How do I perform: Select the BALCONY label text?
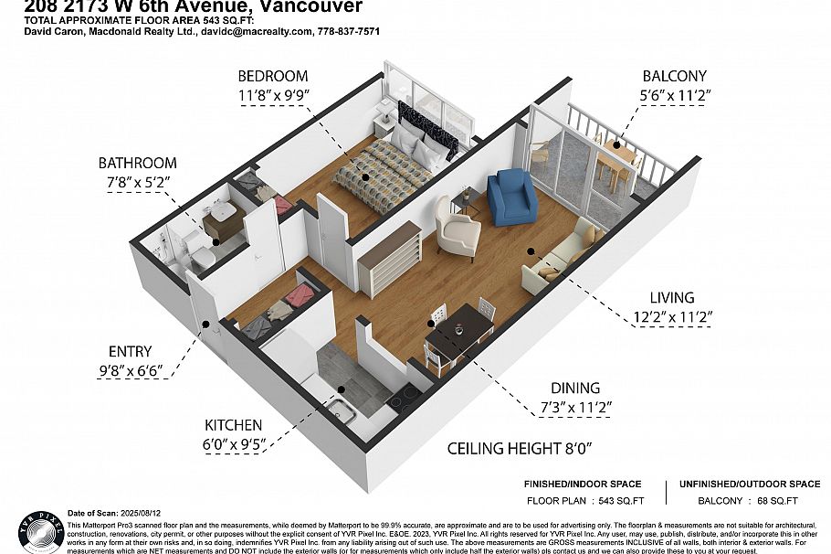(x=674, y=76)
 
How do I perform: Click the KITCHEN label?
(x=233, y=425)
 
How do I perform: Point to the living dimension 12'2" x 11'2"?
(x=671, y=317)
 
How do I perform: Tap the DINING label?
(x=574, y=388)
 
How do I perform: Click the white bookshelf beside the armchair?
(x=390, y=262)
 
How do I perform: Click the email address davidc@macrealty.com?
(x=257, y=32)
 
